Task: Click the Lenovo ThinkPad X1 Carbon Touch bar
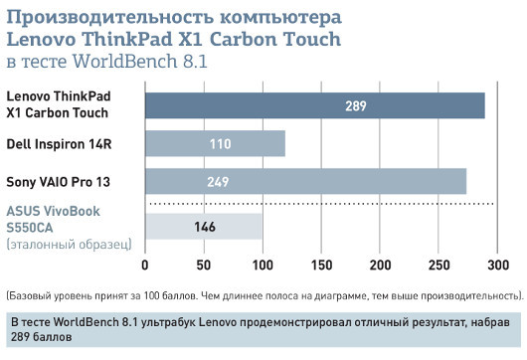315,105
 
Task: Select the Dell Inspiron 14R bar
215,143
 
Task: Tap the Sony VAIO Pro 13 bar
305,181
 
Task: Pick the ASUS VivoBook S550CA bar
204,227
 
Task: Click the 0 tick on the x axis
145,266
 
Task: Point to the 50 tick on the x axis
204,266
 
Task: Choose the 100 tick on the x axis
263,266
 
